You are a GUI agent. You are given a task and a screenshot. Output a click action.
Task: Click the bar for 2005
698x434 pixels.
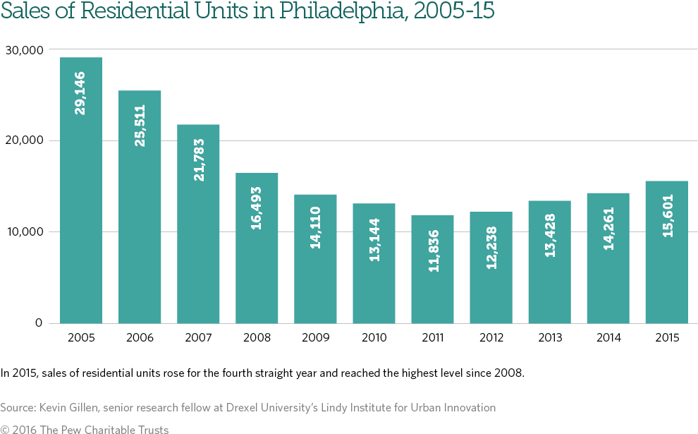click(x=81, y=191)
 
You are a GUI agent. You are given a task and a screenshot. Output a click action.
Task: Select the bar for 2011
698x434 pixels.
click(x=433, y=269)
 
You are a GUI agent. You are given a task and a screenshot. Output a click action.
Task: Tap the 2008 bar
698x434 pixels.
click(x=257, y=248)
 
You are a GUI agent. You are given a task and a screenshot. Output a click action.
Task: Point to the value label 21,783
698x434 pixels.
click(x=198, y=159)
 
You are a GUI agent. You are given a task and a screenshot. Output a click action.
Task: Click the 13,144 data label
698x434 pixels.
click(x=374, y=239)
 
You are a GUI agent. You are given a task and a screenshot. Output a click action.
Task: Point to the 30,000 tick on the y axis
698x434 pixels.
click(x=23, y=49)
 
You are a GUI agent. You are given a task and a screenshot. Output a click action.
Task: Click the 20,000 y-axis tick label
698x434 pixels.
click(x=23, y=140)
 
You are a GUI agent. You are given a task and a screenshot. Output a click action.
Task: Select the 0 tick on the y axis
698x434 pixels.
click(x=38, y=323)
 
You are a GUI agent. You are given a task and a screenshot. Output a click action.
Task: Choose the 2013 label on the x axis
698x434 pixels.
click(x=550, y=338)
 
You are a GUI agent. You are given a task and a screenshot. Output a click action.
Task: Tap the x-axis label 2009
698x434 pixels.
click(x=315, y=338)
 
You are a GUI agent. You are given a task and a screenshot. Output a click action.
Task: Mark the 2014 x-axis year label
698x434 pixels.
click(x=608, y=338)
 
